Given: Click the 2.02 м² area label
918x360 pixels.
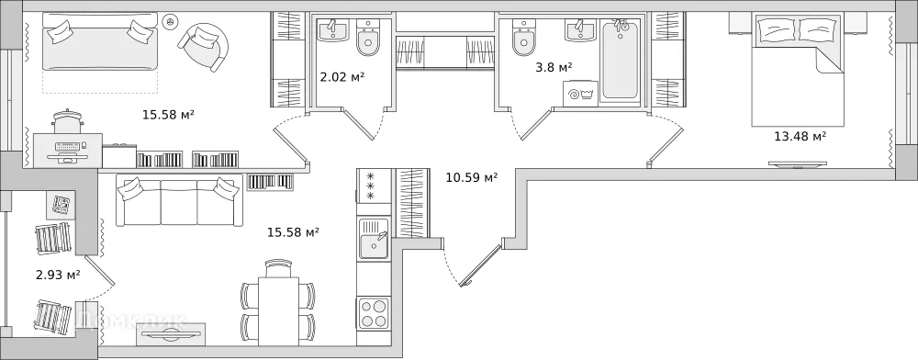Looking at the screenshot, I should pyautogui.click(x=341, y=76).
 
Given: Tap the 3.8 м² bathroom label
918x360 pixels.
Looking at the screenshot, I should pyautogui.click(x=554, y=66).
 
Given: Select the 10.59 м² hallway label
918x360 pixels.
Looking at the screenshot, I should pyautogui.click(x=471, y=177).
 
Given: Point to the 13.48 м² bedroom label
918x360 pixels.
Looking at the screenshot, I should pyautogui.click(x=800, y=136).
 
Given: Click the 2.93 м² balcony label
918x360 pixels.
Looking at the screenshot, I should pyautogui.click(x=57, y=274).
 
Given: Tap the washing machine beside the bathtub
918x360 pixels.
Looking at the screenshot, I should pyautogui.click(x=581, y=93).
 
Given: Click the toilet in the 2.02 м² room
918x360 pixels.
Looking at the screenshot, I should pyautogui.click(x=368, y=40).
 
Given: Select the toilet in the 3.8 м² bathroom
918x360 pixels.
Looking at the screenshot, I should pyautogui.click(x=524, y=39).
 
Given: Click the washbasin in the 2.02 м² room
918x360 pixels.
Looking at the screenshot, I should pyautogui.click(x=332, y=31).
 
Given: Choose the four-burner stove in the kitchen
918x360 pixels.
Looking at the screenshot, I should pyautogui.click(x=374, y=312).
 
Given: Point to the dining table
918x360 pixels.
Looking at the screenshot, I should pyautogui.click(x=277, y=309).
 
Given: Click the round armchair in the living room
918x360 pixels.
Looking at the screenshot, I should pyautogui.click(x=206, y=43).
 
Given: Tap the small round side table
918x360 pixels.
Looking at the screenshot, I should pyautogui.click(x=169, y=20).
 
